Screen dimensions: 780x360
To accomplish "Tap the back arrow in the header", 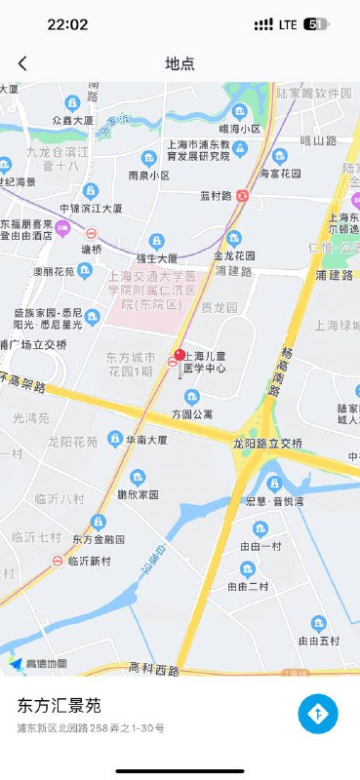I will click(22, 63).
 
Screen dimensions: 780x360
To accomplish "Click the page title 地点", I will click(180, 63).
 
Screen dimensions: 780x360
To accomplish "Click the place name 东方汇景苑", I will click(59, 705).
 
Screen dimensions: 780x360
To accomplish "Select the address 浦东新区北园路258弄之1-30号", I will click(91, 728).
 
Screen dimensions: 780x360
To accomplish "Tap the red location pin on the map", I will click(180, 355).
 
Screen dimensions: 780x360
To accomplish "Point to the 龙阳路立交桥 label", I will click(267, 444).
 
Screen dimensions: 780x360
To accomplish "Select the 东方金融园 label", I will click(98, 539).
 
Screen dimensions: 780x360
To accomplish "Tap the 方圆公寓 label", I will click(191, 412).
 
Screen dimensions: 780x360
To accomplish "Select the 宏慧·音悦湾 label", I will click(275, 501).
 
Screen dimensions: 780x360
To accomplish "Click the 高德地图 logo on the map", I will click(39, 664).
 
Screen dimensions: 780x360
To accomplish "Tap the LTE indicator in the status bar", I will click(288, 24).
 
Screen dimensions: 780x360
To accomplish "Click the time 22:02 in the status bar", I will click(67, 24).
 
